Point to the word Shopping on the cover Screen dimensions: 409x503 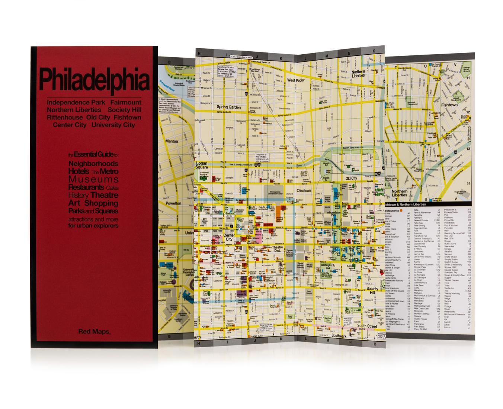(x=101, y=203)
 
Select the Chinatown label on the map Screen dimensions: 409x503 (x=304, y=191)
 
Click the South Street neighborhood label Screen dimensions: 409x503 (x=367, y=326)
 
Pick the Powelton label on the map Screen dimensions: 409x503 (x=173, y=203)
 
